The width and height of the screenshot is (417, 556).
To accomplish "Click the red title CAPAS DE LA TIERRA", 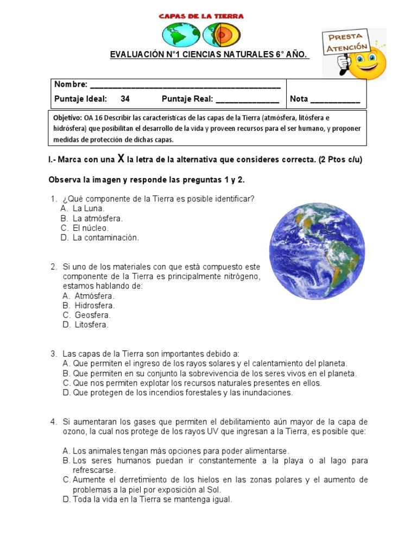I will [201, 16].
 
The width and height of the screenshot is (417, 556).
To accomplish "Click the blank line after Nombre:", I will [185, 85].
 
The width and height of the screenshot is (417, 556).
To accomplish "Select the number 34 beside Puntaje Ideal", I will [125, 99].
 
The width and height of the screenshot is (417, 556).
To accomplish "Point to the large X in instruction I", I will [122, 159].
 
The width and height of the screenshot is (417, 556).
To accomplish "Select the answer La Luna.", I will [89, 208].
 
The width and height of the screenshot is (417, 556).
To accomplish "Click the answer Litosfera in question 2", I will [92, 325].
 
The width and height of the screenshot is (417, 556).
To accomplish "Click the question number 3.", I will [54, 354].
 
